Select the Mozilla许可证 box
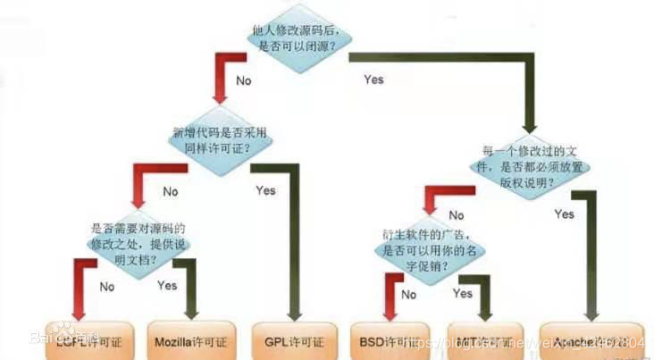pyautogui.click(x=189, y=340)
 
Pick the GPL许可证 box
pyautogui.click(x=293, y=340)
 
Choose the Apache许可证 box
pyautogui.click(x=590, y=340)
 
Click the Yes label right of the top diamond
pyautogui.click(x=373, y=80)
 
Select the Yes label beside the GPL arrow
pyautogui.click(x=265, y=190)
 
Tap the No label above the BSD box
pyautogui.click(x=410, y=294)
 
